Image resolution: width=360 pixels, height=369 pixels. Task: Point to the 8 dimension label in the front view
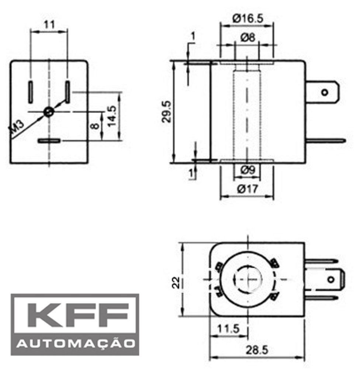95,125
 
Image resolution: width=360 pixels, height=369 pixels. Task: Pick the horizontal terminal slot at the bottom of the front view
49,141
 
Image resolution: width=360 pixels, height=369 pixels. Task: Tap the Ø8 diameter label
247,37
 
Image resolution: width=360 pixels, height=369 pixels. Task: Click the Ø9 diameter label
247,171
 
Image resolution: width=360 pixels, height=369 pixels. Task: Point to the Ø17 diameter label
247,189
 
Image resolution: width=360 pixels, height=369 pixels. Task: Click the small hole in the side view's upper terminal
325,92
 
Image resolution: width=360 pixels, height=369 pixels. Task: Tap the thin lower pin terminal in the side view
325,140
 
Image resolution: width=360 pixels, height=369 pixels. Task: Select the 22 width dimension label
177,283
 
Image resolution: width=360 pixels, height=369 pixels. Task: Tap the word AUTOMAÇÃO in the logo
75,344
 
